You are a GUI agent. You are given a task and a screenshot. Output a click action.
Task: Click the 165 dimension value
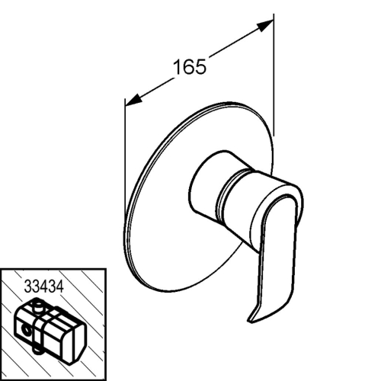point(189,67)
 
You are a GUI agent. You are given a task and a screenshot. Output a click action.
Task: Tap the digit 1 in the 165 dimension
point(178,67)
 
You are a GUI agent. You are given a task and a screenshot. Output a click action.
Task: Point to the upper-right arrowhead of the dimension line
point(265,25)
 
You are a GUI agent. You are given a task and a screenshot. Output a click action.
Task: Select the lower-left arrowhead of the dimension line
point(133,101)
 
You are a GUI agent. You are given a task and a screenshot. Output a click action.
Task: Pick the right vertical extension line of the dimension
point(274,75)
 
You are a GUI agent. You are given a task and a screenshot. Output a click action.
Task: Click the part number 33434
point(43,287)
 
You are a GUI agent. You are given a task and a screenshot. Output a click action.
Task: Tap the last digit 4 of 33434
point(59,287)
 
